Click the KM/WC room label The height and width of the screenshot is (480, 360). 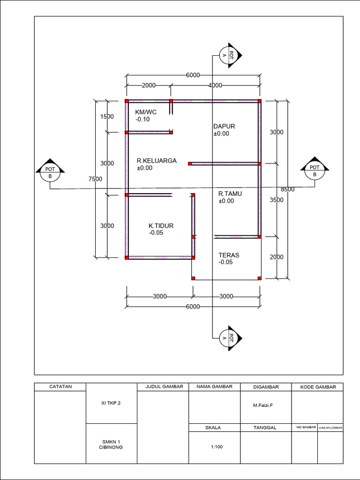tap(146, 112)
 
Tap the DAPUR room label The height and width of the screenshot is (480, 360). tap(224, 126)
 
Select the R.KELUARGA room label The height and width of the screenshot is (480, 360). tap(157, 160)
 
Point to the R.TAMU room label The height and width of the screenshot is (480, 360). tap(230, 194)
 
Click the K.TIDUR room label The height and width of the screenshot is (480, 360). tap(161, 225)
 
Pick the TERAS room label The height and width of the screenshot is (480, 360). tap(229, 255)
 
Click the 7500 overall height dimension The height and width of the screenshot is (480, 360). tap(96, 179)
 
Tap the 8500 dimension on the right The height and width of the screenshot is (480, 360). tap(288, 189)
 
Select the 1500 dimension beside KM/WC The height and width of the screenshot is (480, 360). tap(107, 116)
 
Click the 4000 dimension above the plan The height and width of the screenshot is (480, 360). tap(215, 85)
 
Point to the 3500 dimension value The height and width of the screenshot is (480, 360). tap(277, 200)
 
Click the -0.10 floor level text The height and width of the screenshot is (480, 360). tap(142, 120)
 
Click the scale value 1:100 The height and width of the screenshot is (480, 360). tap(217, 447)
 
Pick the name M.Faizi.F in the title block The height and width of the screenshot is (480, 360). tap(263, 405)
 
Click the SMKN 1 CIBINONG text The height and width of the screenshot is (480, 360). tap(111, 444)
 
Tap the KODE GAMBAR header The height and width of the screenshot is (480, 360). tap(318, 387)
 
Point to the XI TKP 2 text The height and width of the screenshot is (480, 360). tap(111, 403)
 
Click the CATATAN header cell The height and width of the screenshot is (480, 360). tap(60, 387)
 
